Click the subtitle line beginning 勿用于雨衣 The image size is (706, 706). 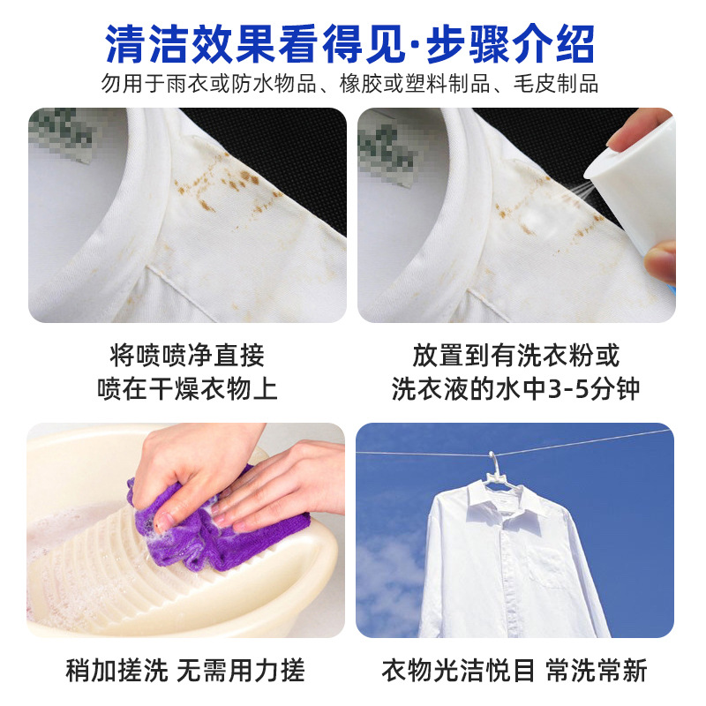(x=353, y=85)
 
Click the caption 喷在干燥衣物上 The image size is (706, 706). (x=187, y=389)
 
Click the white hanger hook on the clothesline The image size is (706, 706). (x=493, y=463)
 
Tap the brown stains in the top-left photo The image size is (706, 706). (x=221, y=185)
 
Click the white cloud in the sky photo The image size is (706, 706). (x=388, y=582)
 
